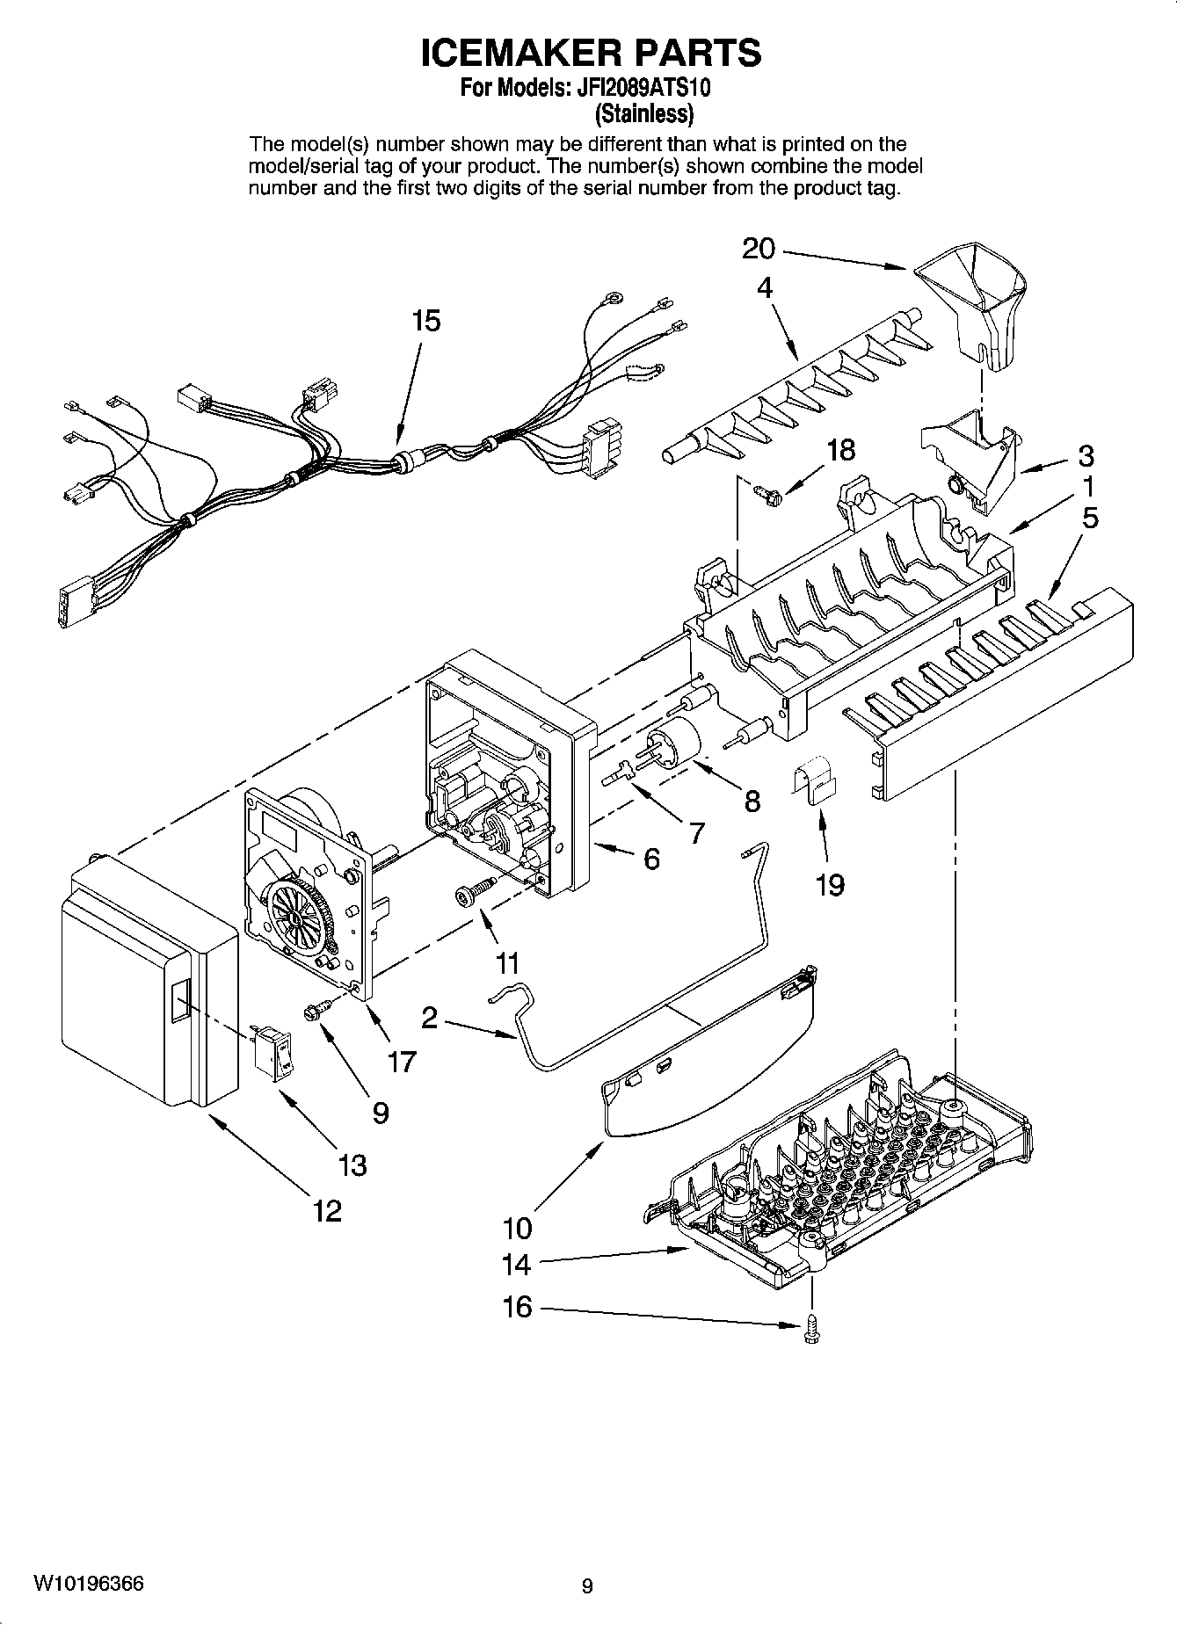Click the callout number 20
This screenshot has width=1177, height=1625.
[x=759, y=249]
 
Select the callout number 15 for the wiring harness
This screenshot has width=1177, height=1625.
[x=425, y=321]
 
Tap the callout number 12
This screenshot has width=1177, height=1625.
[x=327, y=1211]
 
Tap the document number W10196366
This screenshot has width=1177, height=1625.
[x=88, y=1584]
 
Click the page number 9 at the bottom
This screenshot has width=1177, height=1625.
[x=587, y=1586]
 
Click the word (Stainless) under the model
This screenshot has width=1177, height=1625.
[x=644, y=113]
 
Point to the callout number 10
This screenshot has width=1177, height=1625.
[x=518, y=1226]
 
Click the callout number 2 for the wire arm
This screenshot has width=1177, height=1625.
[x=430, y=1018]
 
